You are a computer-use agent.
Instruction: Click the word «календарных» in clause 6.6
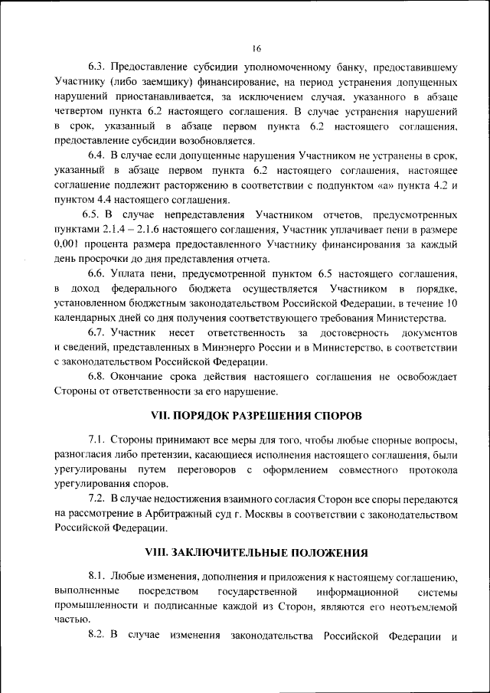point(88,318)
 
